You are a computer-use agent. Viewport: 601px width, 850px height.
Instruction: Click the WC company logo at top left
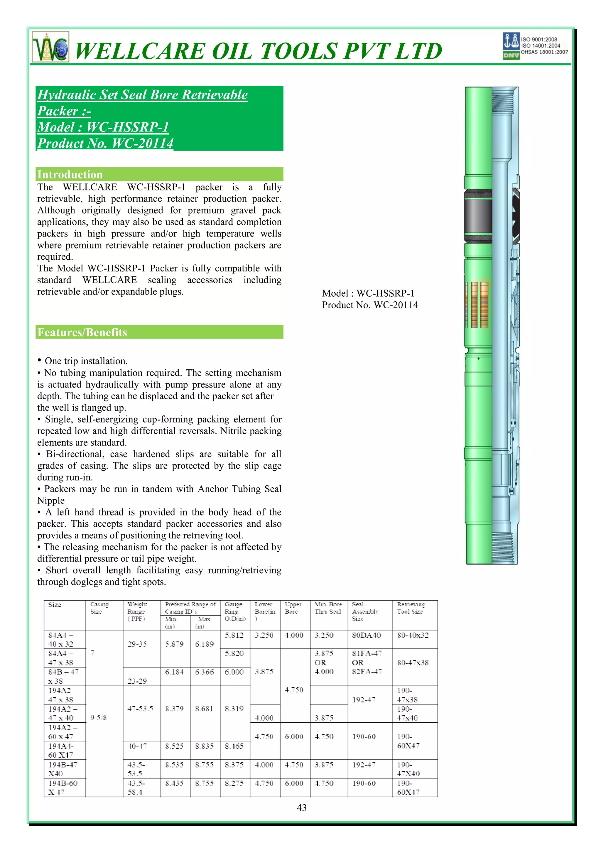(x=51, y=48)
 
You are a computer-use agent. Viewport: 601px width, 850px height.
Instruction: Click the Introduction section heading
(x=70, y=174)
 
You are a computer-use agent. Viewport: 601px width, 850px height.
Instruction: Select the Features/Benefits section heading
(x=82, y=332)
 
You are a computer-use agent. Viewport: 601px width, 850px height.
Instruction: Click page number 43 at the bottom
(x=301, y=807)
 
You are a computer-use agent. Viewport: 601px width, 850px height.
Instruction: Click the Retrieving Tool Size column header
(x=411, y=608)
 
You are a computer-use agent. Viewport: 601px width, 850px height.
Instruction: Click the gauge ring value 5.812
(x=234, y=635)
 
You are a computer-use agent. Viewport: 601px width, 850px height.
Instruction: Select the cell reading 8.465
(x=234, y=746)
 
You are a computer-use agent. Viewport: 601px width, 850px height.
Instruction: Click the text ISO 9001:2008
(x=539, y=40)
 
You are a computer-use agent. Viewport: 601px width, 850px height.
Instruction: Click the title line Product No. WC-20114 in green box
(x=106, y=143)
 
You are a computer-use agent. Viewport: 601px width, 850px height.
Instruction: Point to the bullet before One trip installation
(x=39, y=360)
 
